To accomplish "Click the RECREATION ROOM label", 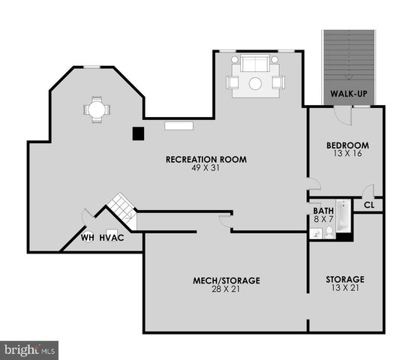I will coord(206,159).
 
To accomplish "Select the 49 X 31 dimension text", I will coord(206,168).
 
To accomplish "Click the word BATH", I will coord(323,211).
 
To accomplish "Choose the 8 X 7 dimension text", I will coord(323,220).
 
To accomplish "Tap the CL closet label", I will coord(368,204).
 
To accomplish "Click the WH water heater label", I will coord(88,238).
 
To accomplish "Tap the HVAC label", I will coord(110,238).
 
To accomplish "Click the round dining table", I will coord(96,109).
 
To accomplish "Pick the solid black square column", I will coord(137,133).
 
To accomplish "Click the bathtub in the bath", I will coord(343,216).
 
